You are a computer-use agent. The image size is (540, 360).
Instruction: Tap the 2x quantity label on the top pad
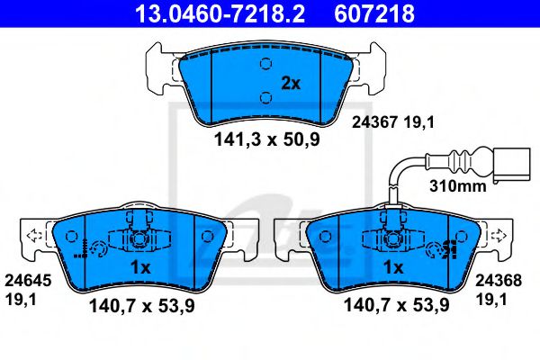[x=290, y=84]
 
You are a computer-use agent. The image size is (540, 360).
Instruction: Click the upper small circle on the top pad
[x=265, y=63]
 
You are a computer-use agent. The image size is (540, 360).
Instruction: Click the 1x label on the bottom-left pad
[x=139, y=268]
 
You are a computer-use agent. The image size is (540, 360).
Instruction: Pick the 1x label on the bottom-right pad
[x=393, y=268]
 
